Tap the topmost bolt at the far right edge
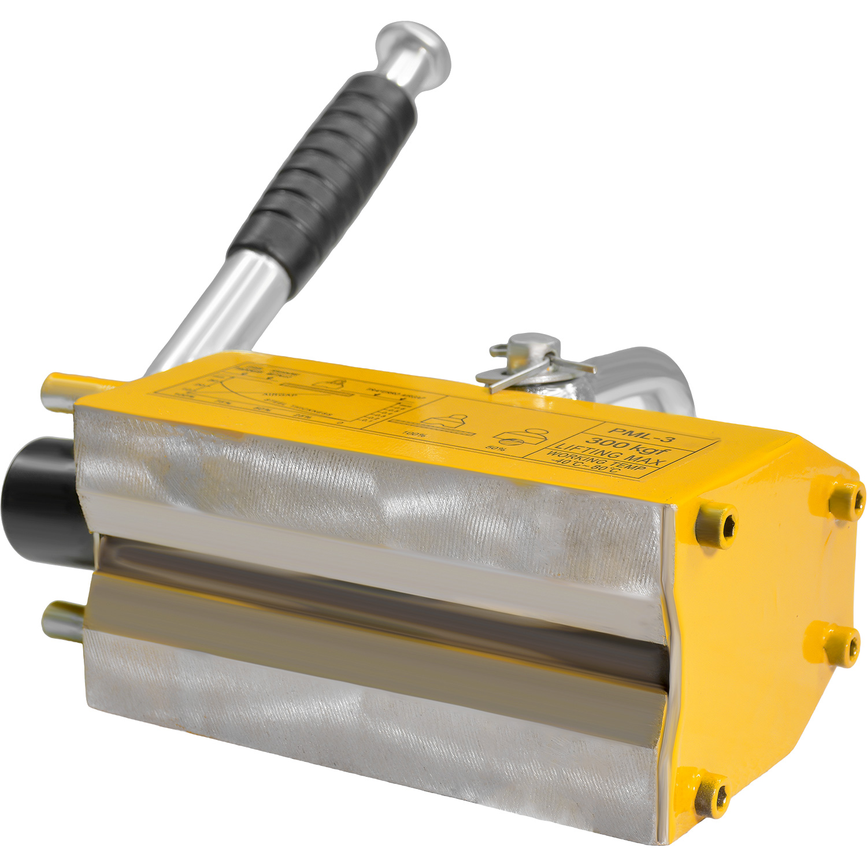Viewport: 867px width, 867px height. coord(849,499)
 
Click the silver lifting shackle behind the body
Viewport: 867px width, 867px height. coord(647,376)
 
